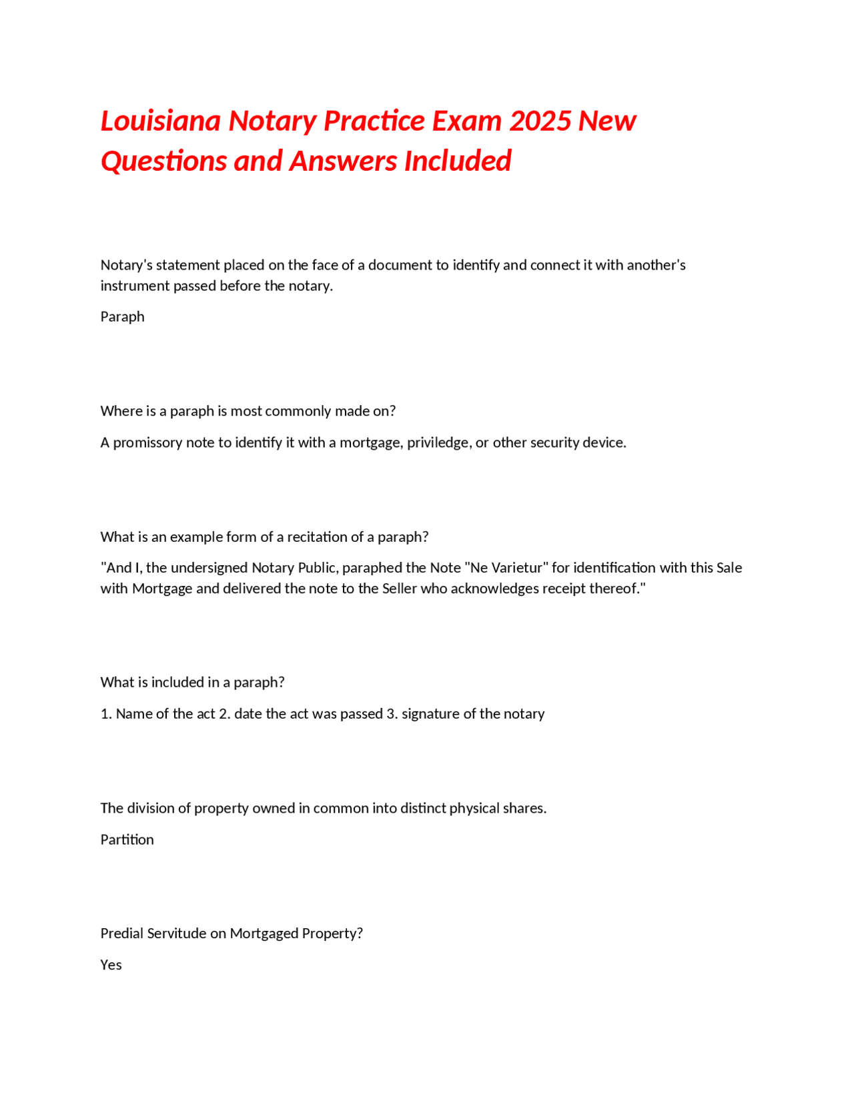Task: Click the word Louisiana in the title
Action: [161, 121]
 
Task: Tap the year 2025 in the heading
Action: [540, 121]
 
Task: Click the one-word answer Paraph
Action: [122, 316]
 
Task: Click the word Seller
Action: [399, 589]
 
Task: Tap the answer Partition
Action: [127, 839]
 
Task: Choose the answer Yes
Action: [111, 965]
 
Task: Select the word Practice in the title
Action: [374, 121]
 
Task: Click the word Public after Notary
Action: [317, 568]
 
